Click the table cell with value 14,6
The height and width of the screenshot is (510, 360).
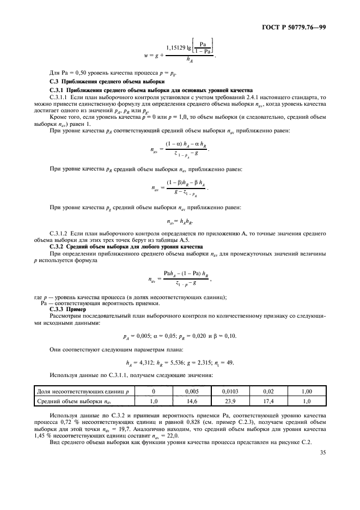pos(191,401)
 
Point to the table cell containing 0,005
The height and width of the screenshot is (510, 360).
pos(191,391)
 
